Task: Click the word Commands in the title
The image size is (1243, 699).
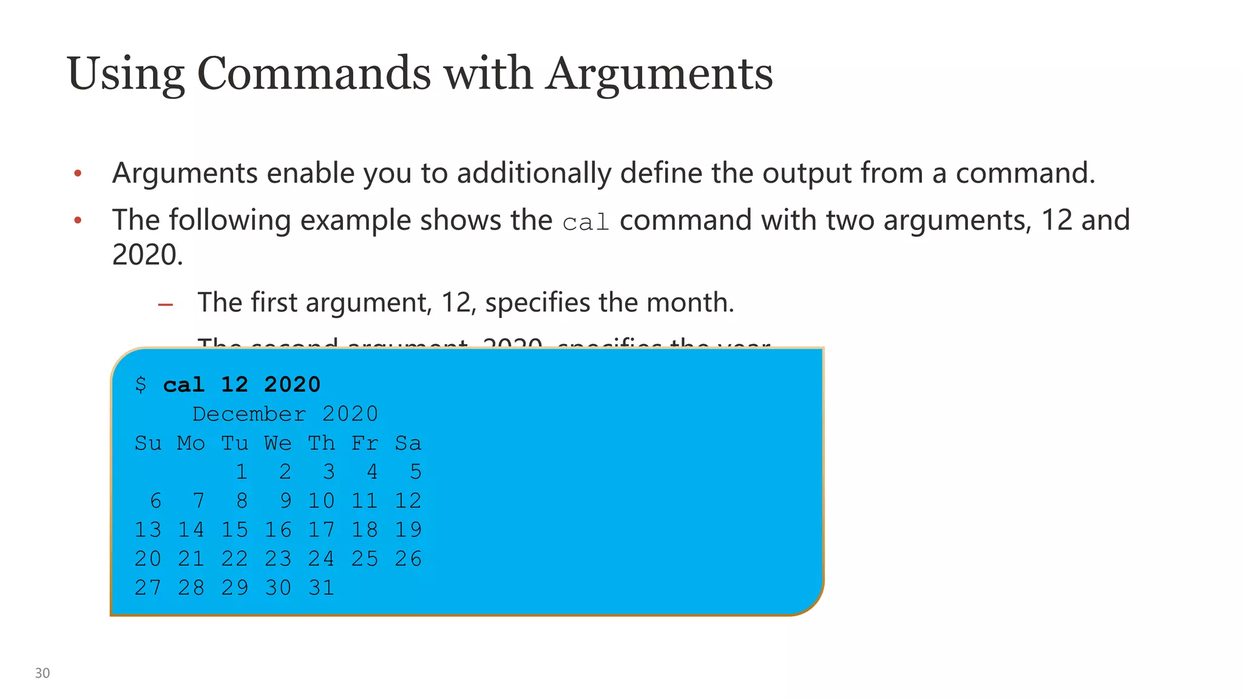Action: [x=313, y=74]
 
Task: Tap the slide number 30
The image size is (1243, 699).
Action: [x=42, y=673]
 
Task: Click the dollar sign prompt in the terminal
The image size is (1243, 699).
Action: [x=141, y=384]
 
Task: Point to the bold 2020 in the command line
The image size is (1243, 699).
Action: [x=292, y=385]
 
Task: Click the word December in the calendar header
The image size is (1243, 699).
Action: [x=249, y=414]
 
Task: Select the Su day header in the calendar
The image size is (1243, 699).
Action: [x=148, y=443]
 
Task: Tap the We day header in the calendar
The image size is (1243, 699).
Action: [x=278, y=443]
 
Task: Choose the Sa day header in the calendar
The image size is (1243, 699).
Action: [x=408, y=443]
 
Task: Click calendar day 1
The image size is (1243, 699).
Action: [x=242, y=471]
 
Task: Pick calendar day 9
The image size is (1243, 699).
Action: [x=285, y=501]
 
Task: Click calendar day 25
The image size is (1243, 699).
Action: [x=365, y=559]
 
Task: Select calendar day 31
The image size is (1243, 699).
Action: [x=321, y=588]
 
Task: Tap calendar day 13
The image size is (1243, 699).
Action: [x=148, y=530]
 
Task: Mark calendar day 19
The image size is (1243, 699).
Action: [x=408, y=530]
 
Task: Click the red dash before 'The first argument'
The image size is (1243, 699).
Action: [x=165, y=304]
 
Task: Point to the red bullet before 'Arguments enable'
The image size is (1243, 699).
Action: [x=78, y=174]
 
